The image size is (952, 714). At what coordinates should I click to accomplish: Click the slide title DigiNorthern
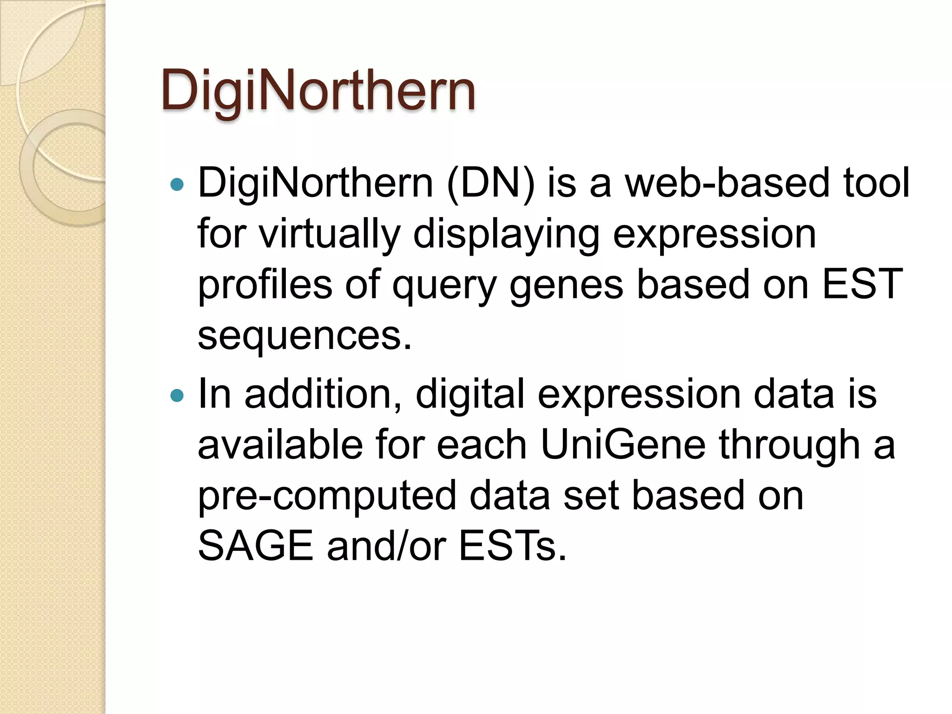318,91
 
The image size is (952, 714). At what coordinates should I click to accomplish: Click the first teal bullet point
177,185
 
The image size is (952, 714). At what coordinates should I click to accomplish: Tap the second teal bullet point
177,396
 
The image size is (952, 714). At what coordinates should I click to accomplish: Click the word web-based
727,183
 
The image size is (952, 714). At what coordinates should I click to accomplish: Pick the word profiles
265,284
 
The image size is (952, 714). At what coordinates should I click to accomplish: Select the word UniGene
623,445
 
